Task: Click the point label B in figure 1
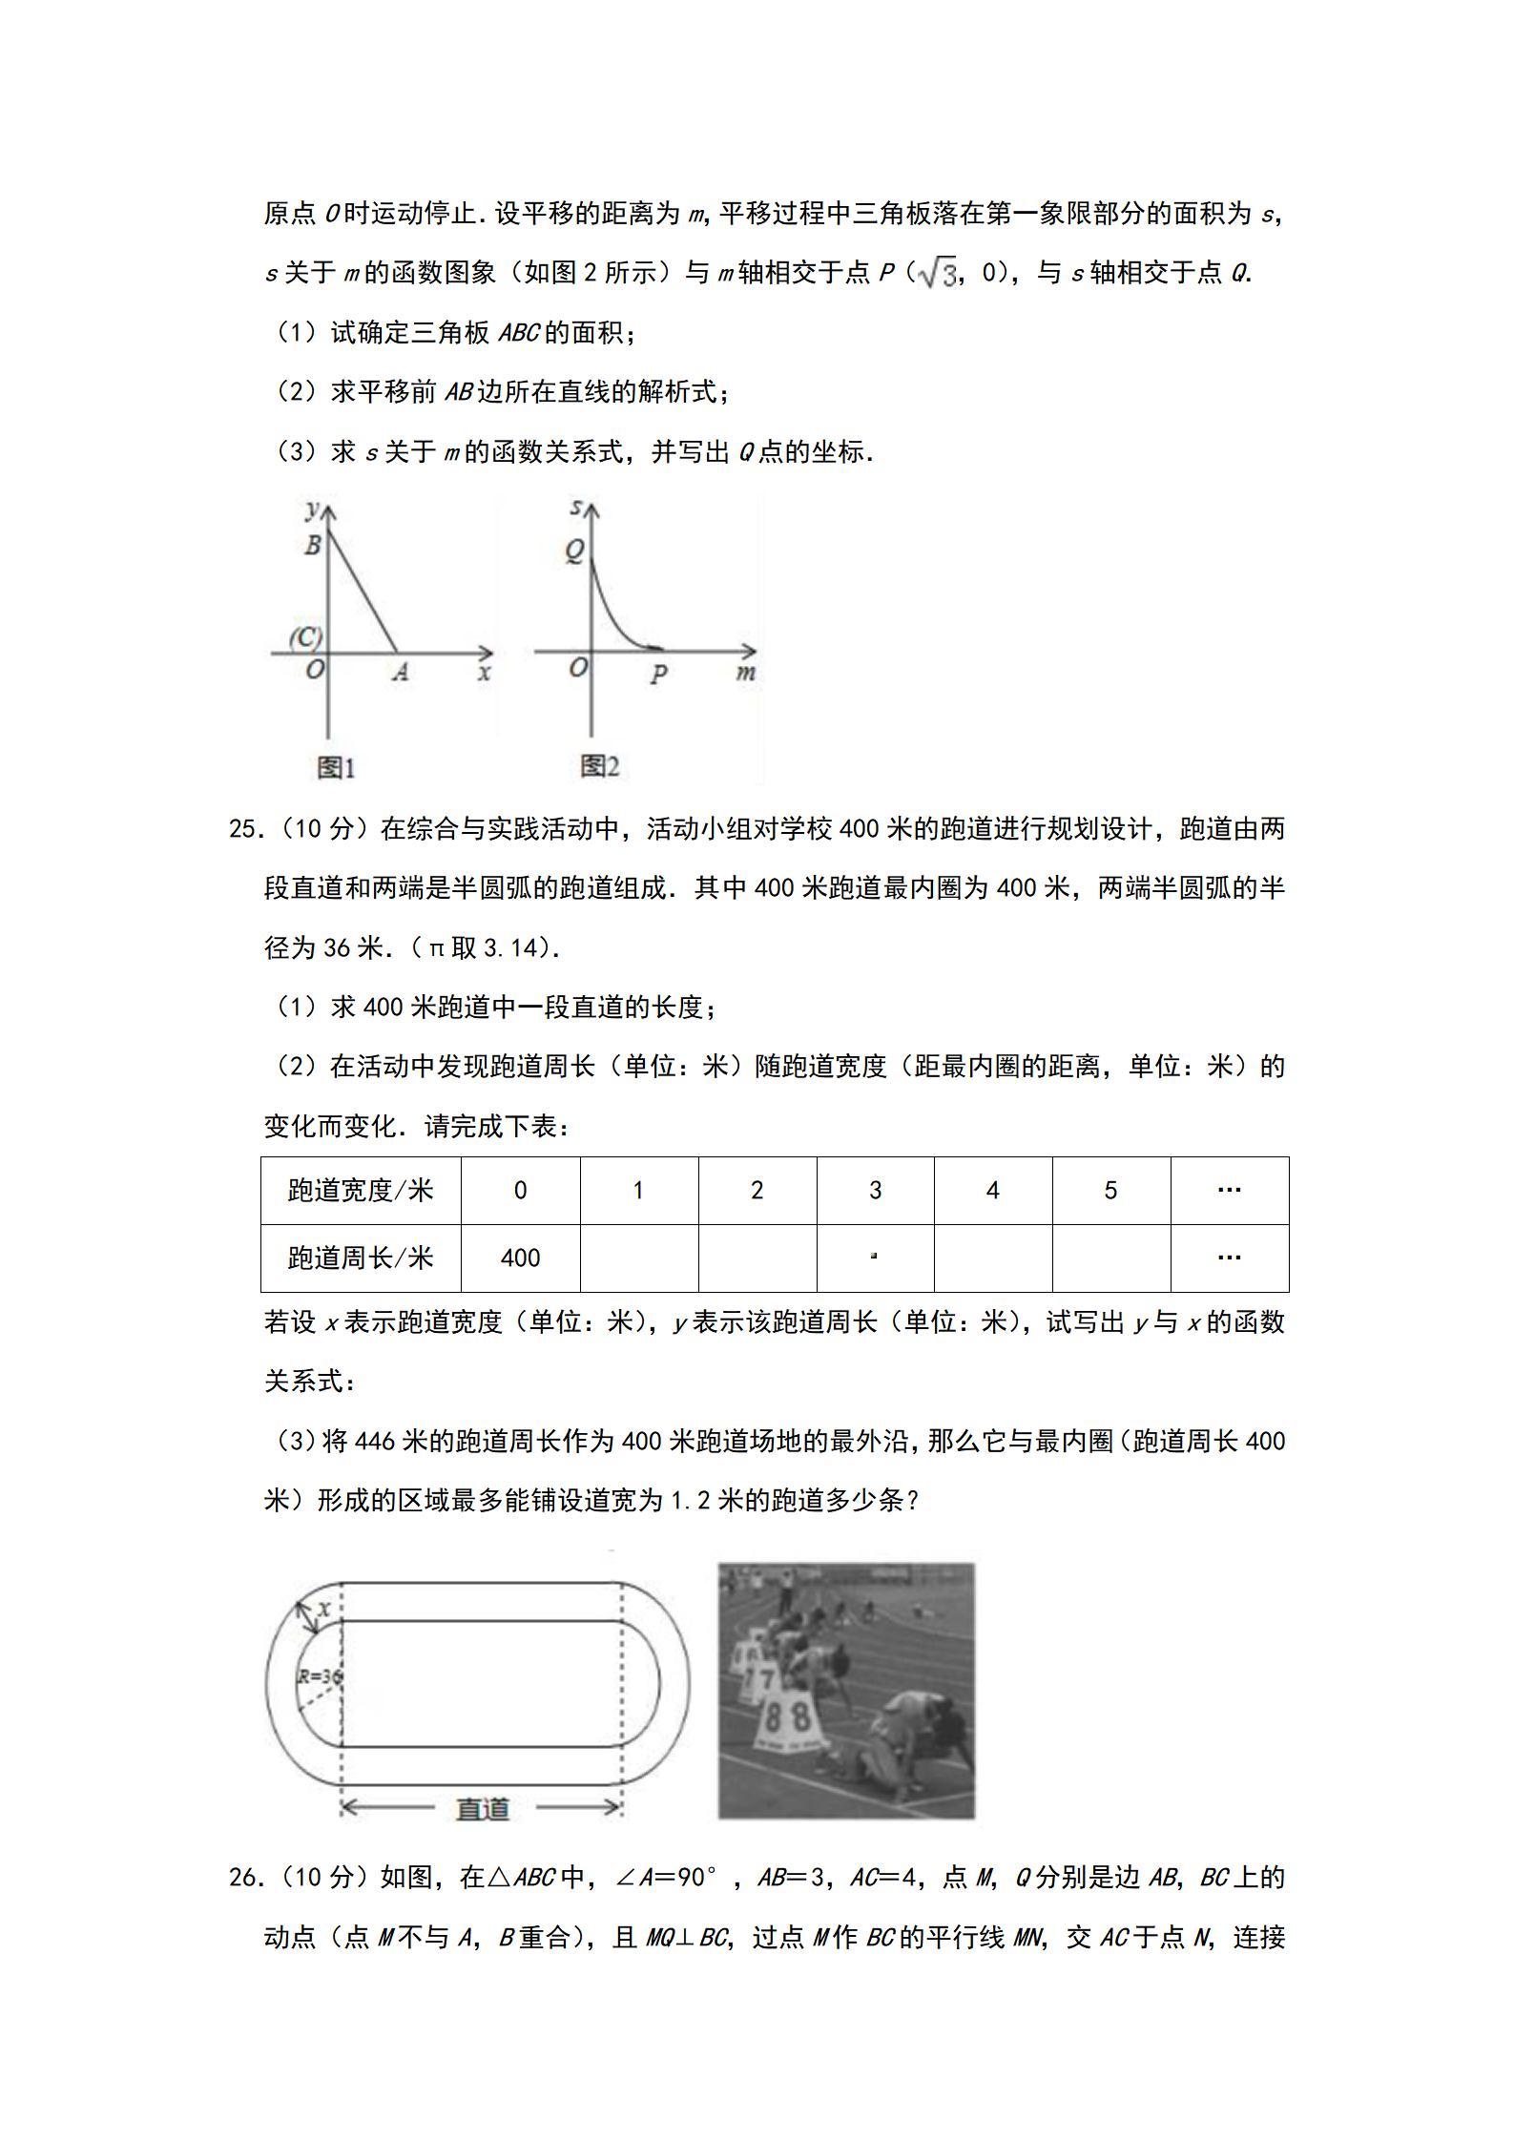point(312,546)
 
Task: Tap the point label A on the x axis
point(401,672)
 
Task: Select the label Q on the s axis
point(574,551)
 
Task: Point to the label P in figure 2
point(658,675)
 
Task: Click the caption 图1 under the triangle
point(336,766)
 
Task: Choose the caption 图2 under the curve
point(600,765)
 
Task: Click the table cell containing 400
point(520,1258)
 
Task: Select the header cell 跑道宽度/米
point(361,1190)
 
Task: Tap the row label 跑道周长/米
point(361,1258)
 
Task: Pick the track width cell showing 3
point(875,1190)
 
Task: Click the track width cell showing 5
point(1110,1190)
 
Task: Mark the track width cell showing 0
point(520,1190)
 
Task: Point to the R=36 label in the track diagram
point(320,1676)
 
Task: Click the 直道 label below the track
point(483,1808)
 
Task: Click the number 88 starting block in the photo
point(788,1717)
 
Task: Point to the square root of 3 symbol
point(936,274)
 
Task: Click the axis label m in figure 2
point(746,672)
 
